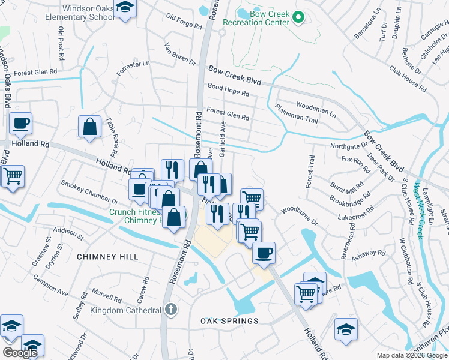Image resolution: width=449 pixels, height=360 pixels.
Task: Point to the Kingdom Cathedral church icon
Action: tap(171, 310)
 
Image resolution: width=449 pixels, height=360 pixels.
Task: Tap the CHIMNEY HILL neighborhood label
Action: tap(107, 257)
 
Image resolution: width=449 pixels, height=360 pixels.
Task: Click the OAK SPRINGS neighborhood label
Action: tap(229, 321)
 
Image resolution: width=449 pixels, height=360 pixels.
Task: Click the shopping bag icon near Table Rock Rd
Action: tap(89, 127)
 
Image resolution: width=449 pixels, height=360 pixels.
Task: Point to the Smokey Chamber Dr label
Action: tap(89, 192)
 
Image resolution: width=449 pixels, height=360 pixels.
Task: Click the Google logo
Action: tap(20, 353)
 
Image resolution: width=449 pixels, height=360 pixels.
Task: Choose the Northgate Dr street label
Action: tap(348, 146)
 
